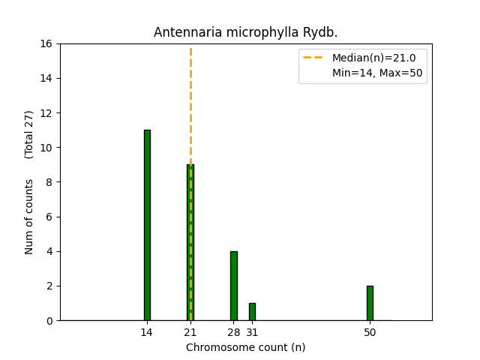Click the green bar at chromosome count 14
click(x=147, y=225)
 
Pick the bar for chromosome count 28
click(x=233, y=286)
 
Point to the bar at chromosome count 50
click(x=370, y=303)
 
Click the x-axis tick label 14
click(x=147, y=332)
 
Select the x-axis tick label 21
click(x=190, y=332)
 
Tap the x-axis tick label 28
click(x=233, y=332)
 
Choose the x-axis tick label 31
click(x=252, y=332)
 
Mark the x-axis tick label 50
click(x=370, y=332)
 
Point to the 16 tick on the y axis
click(x=46, y=43)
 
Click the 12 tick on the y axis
click(x=46, y=113)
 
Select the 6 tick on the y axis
click(x=49, y=217)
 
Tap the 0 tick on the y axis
click(x=49, y=320)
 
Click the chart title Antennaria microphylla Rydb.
click(x=245, y=32)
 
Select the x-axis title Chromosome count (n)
click(x=245, y=347)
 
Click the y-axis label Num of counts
click(x=29, y=217)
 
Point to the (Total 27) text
click(x=29, y=134)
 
